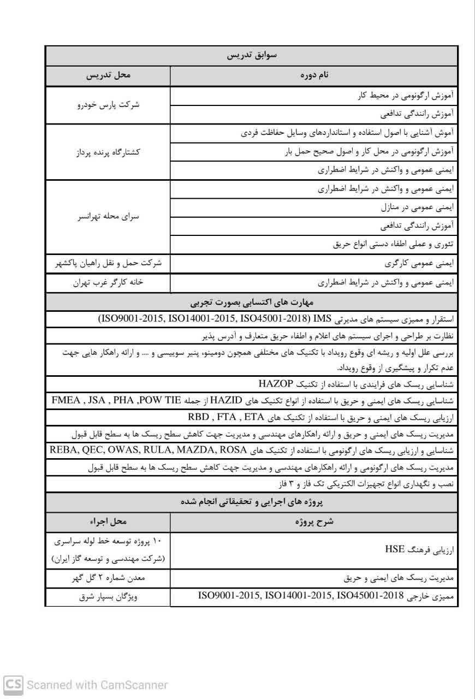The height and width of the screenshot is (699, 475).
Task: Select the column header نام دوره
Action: point(314,76)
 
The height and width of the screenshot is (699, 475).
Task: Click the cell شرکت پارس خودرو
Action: point(108,105)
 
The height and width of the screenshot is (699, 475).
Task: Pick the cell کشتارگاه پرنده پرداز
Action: point(108,152)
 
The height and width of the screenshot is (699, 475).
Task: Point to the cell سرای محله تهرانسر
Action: point(108,216)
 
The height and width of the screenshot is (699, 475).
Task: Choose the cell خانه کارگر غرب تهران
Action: point(108,282)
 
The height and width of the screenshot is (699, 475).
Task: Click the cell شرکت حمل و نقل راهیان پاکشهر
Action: point(108,263)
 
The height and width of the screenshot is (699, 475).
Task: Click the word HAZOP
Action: point(276,382)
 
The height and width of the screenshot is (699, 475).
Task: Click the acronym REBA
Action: point(62,450)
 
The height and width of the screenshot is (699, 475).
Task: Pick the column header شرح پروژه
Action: point(314,522)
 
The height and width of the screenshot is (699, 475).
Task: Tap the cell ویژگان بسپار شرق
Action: point(108,597)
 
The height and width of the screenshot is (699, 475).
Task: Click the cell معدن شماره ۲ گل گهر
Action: point(108,578)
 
